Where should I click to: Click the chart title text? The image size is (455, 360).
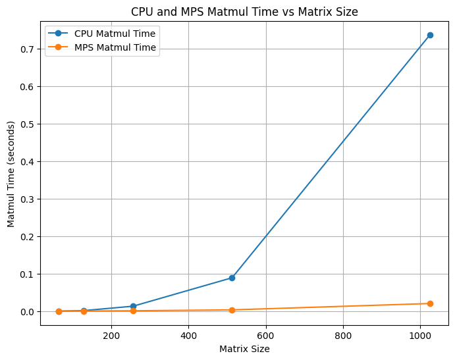[x=244, y=11]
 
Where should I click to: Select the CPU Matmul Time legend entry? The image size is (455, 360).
[x=115, y=34]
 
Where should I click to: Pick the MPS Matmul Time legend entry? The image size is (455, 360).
[x=115, y=47]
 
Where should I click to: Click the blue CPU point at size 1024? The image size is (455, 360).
[x=430, y=35]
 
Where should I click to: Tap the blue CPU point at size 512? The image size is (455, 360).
[x=232, y=278]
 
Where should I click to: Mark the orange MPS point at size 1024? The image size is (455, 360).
[x=430, y=303]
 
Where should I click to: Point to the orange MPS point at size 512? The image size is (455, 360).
[x=232, y=310]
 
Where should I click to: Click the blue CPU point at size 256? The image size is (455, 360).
[x=133, y=306]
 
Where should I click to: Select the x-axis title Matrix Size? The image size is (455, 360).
[x=244, y=349]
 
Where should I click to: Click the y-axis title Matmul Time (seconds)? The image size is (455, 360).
[x=11, y=174]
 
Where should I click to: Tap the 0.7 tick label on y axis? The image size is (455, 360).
[x=28, y=49]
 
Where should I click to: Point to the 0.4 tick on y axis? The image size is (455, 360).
[x=28, y=162]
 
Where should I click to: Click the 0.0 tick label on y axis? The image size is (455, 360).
[x=28, y=312]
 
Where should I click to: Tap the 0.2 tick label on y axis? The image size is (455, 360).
[x=28, y=237]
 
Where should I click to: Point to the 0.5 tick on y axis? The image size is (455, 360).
[x=28, y=124]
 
